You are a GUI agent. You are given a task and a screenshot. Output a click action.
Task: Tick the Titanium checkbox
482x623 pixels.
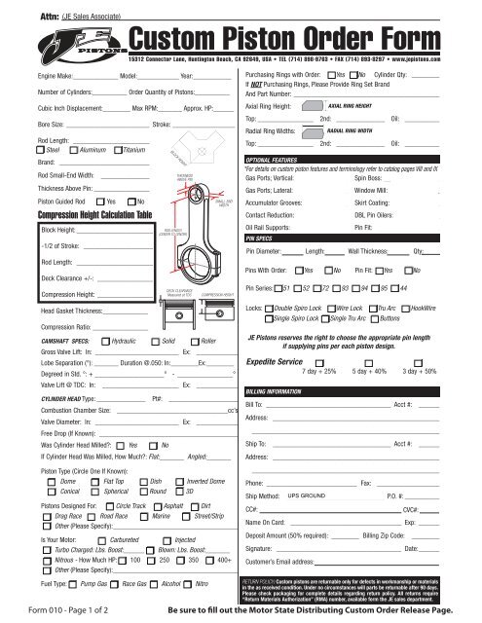118,149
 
